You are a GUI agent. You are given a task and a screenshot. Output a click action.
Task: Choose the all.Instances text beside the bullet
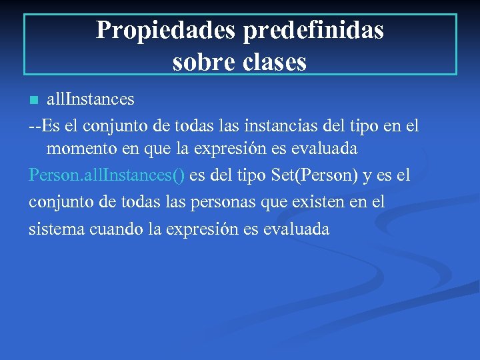point(90,99)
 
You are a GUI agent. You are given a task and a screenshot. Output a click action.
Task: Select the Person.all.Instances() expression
point(107,175)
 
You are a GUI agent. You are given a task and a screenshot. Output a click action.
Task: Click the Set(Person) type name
point(314,175)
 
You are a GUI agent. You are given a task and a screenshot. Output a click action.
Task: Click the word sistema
point(55,229)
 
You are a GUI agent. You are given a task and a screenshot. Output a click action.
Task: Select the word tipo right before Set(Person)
point(253,176)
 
